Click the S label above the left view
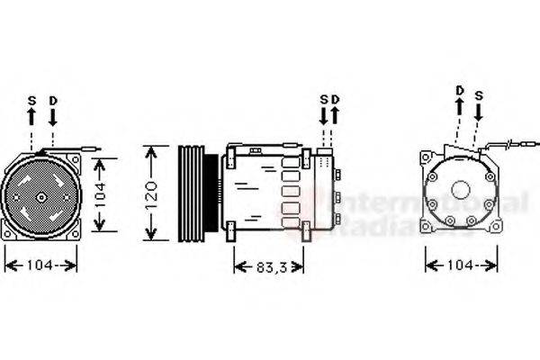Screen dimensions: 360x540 point(31,100)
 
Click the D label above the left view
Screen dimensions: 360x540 point(53,100)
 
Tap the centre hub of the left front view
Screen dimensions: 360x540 point(41,195)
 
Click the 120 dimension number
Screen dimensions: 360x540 point(152,192)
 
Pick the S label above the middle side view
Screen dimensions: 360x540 point(324,99)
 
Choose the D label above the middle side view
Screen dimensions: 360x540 point(335,99)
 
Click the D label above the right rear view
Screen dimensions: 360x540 point(459,90)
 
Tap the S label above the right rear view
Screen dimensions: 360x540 point(480,94)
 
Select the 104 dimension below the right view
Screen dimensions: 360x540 point(461,265)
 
